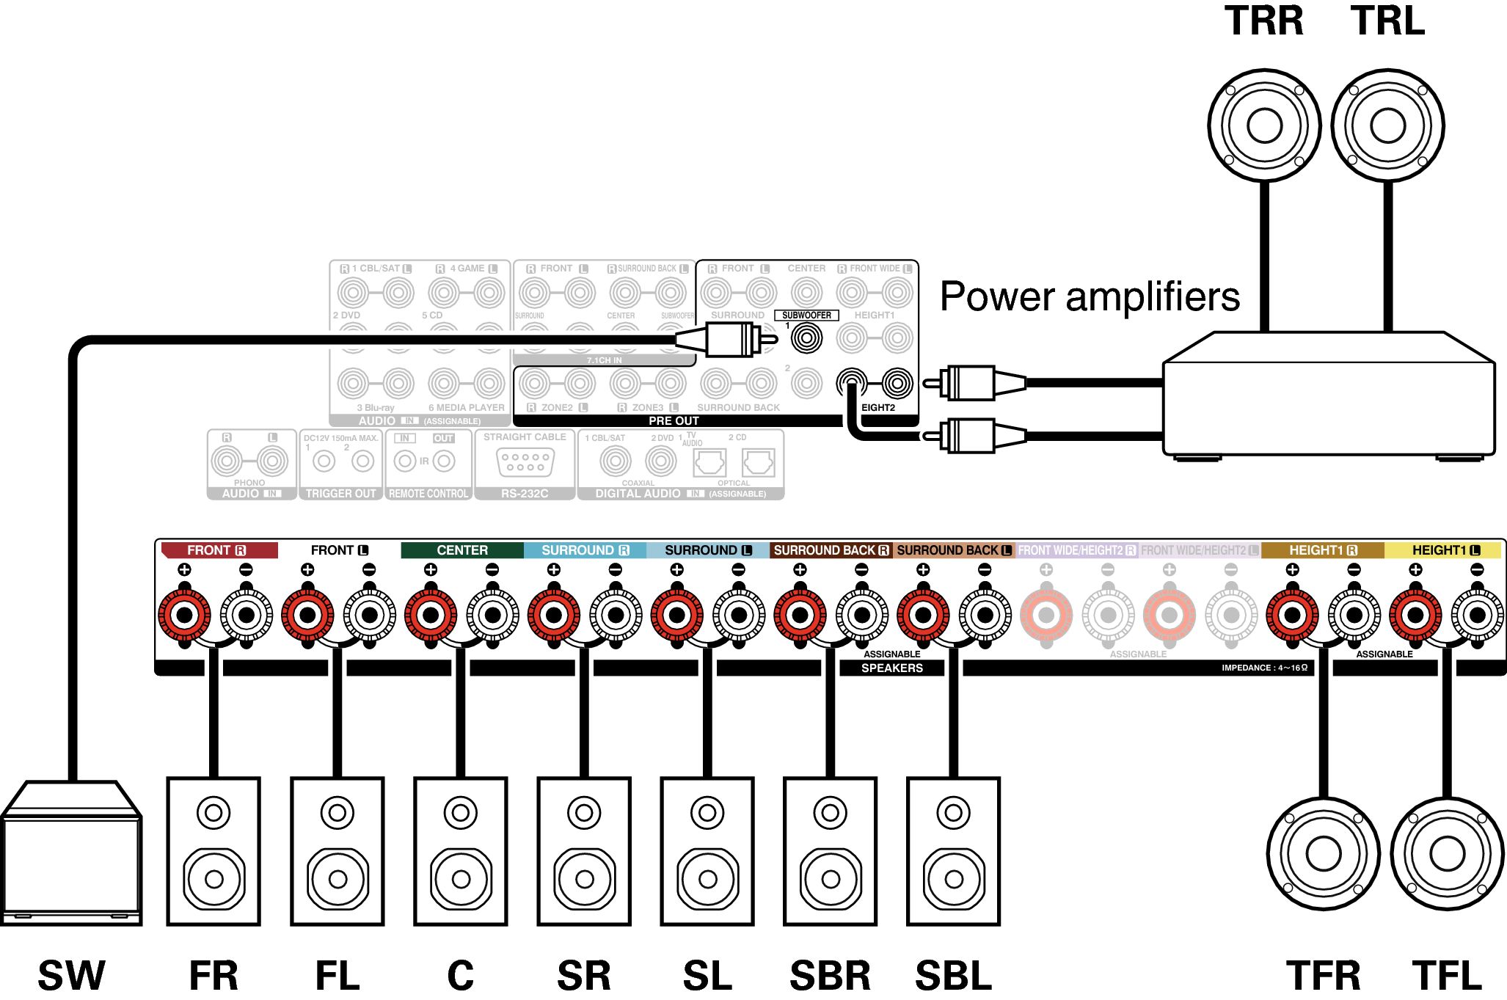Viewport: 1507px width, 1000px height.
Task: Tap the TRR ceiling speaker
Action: tap(1264, 125)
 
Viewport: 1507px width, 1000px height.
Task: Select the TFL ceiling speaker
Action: tap(1447, 853)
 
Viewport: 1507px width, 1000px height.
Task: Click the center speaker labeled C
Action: tap(461, 851)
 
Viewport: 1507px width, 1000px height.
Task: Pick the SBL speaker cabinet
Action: tap(953, 851)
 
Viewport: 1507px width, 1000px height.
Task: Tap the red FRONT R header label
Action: tap(219, 550)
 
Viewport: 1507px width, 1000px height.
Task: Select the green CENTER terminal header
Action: tap(461, 550)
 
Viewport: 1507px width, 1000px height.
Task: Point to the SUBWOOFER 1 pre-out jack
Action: tap(806, 338)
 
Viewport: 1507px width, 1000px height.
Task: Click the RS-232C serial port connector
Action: tap(525, 462)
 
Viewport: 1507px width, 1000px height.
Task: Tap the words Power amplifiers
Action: tap(1090, 297)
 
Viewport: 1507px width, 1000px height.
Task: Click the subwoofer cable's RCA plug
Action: tap(726, 340)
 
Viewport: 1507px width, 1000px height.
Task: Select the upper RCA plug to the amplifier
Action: tap(972, 383)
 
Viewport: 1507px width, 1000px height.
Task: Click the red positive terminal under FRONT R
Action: tap(184, 615)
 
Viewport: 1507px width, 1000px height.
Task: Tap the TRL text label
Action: tap(1387, 21)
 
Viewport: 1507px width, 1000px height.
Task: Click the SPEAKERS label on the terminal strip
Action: tap(891, 668)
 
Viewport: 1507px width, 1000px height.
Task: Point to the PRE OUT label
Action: tap(674, 421)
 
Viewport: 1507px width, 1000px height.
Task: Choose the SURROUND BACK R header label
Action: tap(831, 550)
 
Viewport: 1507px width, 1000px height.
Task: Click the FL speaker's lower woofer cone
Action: tap(337, 878)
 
